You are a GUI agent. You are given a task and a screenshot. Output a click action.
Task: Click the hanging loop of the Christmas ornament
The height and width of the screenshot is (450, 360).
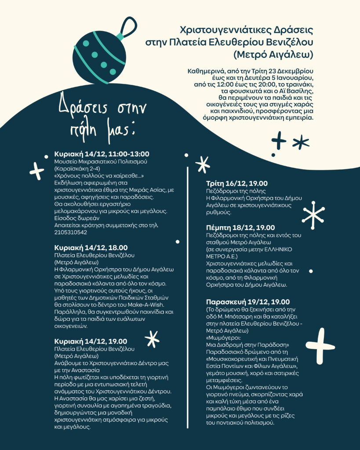point(127,27)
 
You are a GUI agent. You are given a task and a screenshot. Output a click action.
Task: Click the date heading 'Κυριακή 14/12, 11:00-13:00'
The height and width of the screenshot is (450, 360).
point(102,154)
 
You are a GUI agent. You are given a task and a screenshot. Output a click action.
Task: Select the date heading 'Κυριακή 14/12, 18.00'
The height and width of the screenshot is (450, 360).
point(91,248)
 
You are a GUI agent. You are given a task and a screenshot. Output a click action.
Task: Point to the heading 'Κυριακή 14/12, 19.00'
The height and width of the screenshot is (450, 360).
point(91,341)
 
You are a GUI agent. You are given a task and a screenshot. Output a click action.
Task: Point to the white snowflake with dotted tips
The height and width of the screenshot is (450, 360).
point(313,215)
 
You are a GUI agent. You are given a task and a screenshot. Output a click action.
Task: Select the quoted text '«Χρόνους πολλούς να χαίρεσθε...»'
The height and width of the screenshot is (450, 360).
point(99,175)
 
